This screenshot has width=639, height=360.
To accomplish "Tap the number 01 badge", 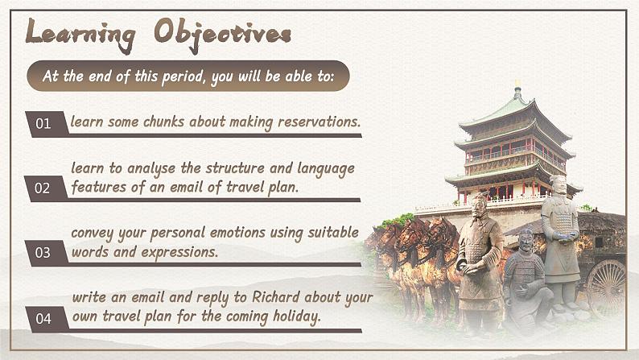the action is [46, 123].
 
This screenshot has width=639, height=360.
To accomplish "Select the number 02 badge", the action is [45, 188].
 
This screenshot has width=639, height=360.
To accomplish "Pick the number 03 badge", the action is [46, 253].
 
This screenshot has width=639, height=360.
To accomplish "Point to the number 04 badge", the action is [46, 318].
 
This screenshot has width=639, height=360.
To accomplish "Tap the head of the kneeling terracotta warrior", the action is [526, 240].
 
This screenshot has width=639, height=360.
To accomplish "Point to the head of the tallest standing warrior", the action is [559, 184].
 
